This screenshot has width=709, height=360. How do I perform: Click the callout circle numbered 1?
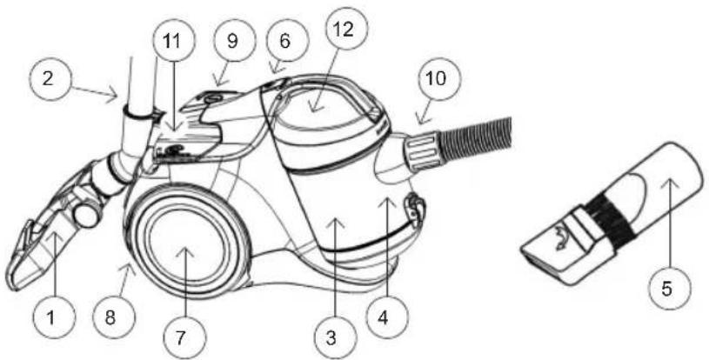point(53,318)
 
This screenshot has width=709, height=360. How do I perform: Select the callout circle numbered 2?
point(49,79)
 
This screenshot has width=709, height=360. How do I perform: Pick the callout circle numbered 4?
point(383,318)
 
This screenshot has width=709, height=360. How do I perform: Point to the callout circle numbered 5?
point(667,289)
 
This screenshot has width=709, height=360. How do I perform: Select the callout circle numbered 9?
point(232,41)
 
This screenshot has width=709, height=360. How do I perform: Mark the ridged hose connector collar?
point(425,150)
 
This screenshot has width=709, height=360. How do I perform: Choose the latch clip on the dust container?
point(414,207)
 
